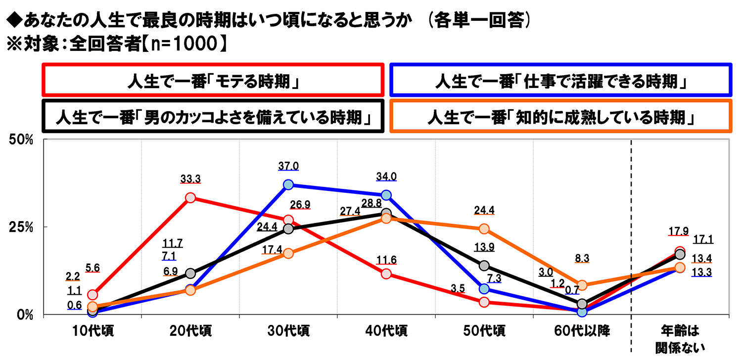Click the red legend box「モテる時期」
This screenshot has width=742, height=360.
tap(213, 80)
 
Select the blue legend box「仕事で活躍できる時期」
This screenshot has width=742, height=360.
tap(561, 80)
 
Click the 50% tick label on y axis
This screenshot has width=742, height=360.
tap(21, 140)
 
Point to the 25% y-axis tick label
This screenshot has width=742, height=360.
tap(21, 227)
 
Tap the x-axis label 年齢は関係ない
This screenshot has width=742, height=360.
tap(680, 338)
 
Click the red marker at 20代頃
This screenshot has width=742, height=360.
tap(190, 198)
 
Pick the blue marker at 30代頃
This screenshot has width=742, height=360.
tap(288, 185)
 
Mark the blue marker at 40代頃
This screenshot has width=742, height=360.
tap(386, 195)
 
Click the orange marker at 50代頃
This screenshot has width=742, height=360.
tap(484, 229)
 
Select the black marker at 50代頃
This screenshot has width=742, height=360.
tap(484, 266)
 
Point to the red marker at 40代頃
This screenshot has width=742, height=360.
tap(386, 274)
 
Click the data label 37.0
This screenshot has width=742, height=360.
tap(288, 167)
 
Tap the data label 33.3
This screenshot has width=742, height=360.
tap(190, 180)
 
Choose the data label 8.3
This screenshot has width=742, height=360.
tap(582, 258)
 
